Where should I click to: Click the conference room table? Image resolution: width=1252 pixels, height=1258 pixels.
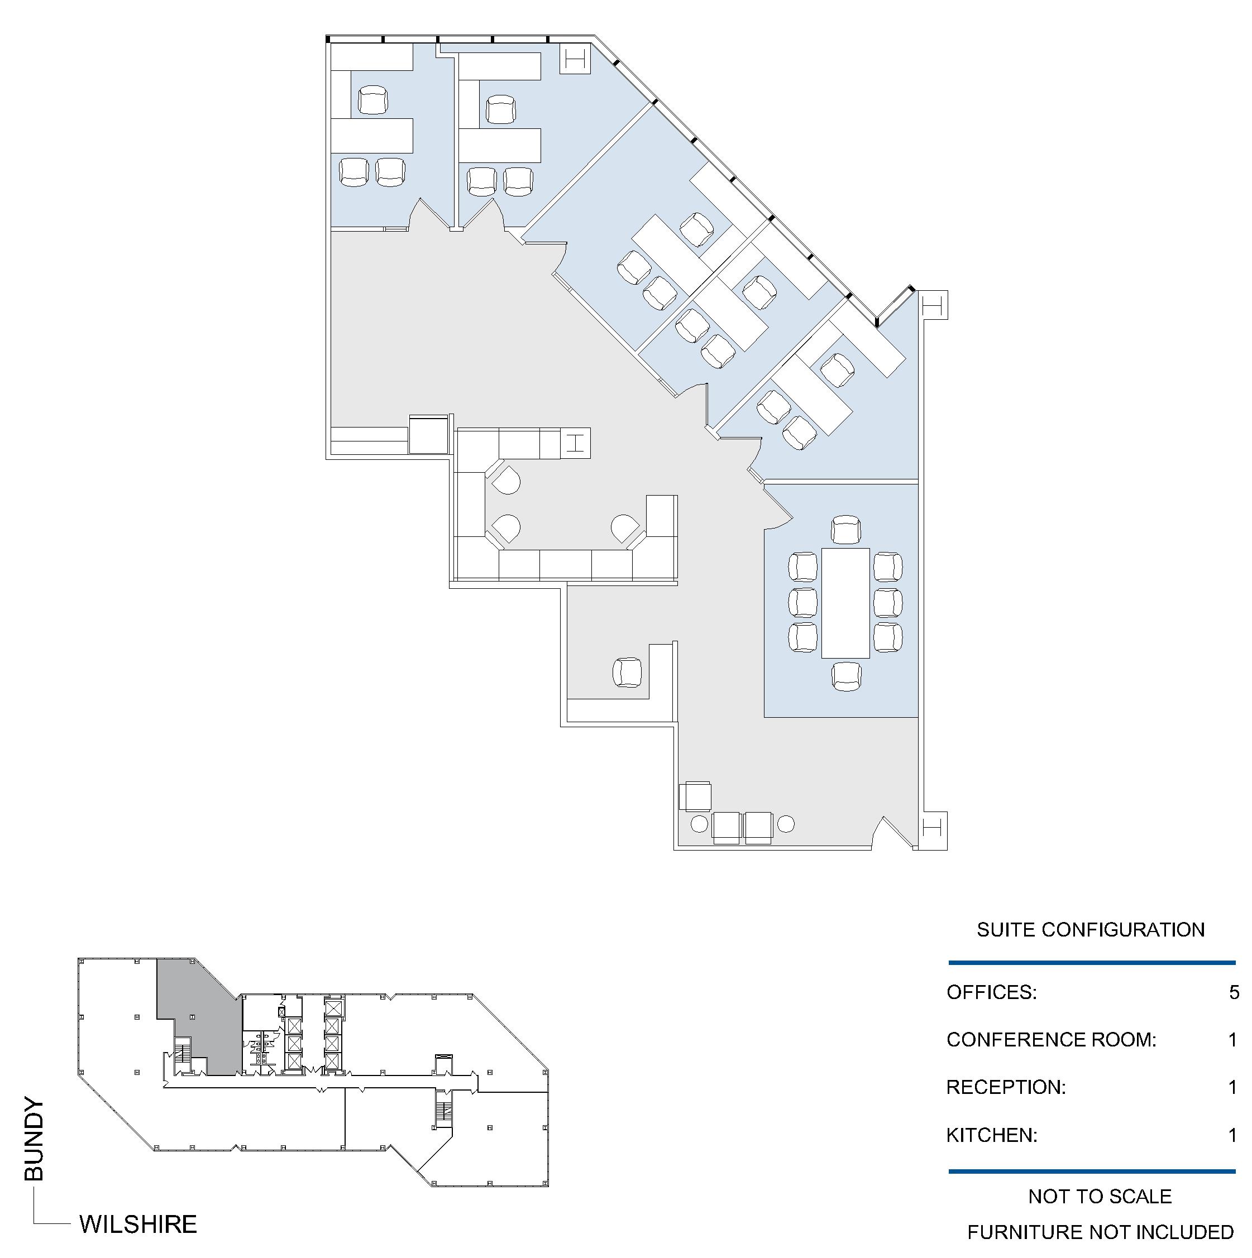(x=845, y=603)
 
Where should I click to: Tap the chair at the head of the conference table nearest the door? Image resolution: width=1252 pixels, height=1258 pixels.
(x=846, y=529)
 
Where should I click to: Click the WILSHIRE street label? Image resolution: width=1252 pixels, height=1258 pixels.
(x=138, y=1224)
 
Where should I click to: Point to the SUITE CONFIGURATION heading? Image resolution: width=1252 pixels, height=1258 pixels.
(x=1091, y=929)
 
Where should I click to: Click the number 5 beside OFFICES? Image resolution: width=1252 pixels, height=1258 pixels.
(x=1234, y=992)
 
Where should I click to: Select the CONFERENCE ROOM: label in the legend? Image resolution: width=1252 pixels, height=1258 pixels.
(x=1052, y=1039)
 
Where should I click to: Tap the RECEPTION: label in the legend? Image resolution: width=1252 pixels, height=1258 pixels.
(x=1006, y=1087)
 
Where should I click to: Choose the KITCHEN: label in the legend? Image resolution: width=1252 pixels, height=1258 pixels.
(x=991, y=1135)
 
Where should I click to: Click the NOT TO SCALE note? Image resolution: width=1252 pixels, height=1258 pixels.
(x=1100, y=1196)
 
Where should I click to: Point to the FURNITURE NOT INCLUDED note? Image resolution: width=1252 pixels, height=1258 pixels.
(x=1100, y=1232)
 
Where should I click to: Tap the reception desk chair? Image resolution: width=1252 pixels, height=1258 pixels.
(x=627, y=673)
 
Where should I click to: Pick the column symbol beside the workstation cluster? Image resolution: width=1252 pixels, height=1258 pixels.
(x=575, y=443)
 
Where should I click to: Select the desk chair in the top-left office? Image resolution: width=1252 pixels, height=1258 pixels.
(x=372, y=100)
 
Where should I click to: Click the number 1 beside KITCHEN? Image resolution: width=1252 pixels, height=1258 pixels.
(x=1232, y=1135)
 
